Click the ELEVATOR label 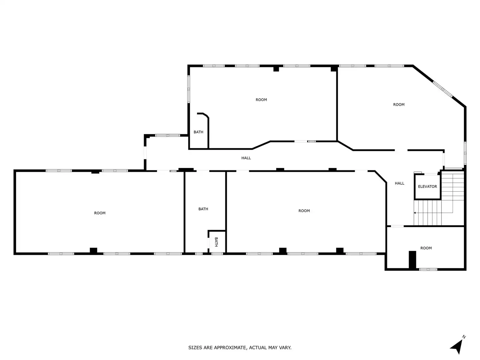pos(427,186)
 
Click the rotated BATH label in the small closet pos(216,242)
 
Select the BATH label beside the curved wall pos(198,132)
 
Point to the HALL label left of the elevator pos(400,183)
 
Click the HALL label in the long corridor pos(246,158)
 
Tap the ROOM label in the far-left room pos(100,213)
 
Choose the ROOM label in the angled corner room pos(399,105)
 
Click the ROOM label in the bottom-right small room pos(426,248)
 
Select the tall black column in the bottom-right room pos(412,260)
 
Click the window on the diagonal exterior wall pos(443,89)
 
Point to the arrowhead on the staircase pos(415,213)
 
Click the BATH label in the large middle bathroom pos(203,209)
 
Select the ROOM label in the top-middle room pos(261,100)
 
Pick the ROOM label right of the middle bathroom pos(304,211)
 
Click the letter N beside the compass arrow pos(464,337)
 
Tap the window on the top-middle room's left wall pos(189,89)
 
